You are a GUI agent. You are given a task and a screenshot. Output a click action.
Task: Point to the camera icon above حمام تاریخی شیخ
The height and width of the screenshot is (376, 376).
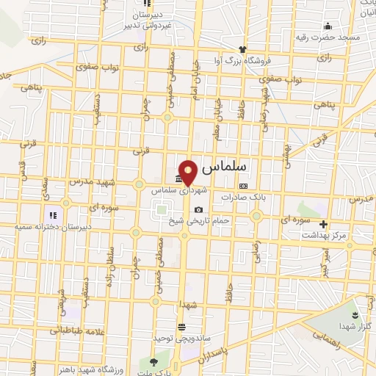198,210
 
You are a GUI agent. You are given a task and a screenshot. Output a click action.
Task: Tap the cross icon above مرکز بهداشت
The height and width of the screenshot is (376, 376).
324,225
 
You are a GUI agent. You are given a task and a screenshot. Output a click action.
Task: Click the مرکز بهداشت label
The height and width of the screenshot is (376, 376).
324,235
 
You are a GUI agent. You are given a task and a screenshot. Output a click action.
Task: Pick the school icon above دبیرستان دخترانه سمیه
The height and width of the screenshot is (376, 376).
53,215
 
